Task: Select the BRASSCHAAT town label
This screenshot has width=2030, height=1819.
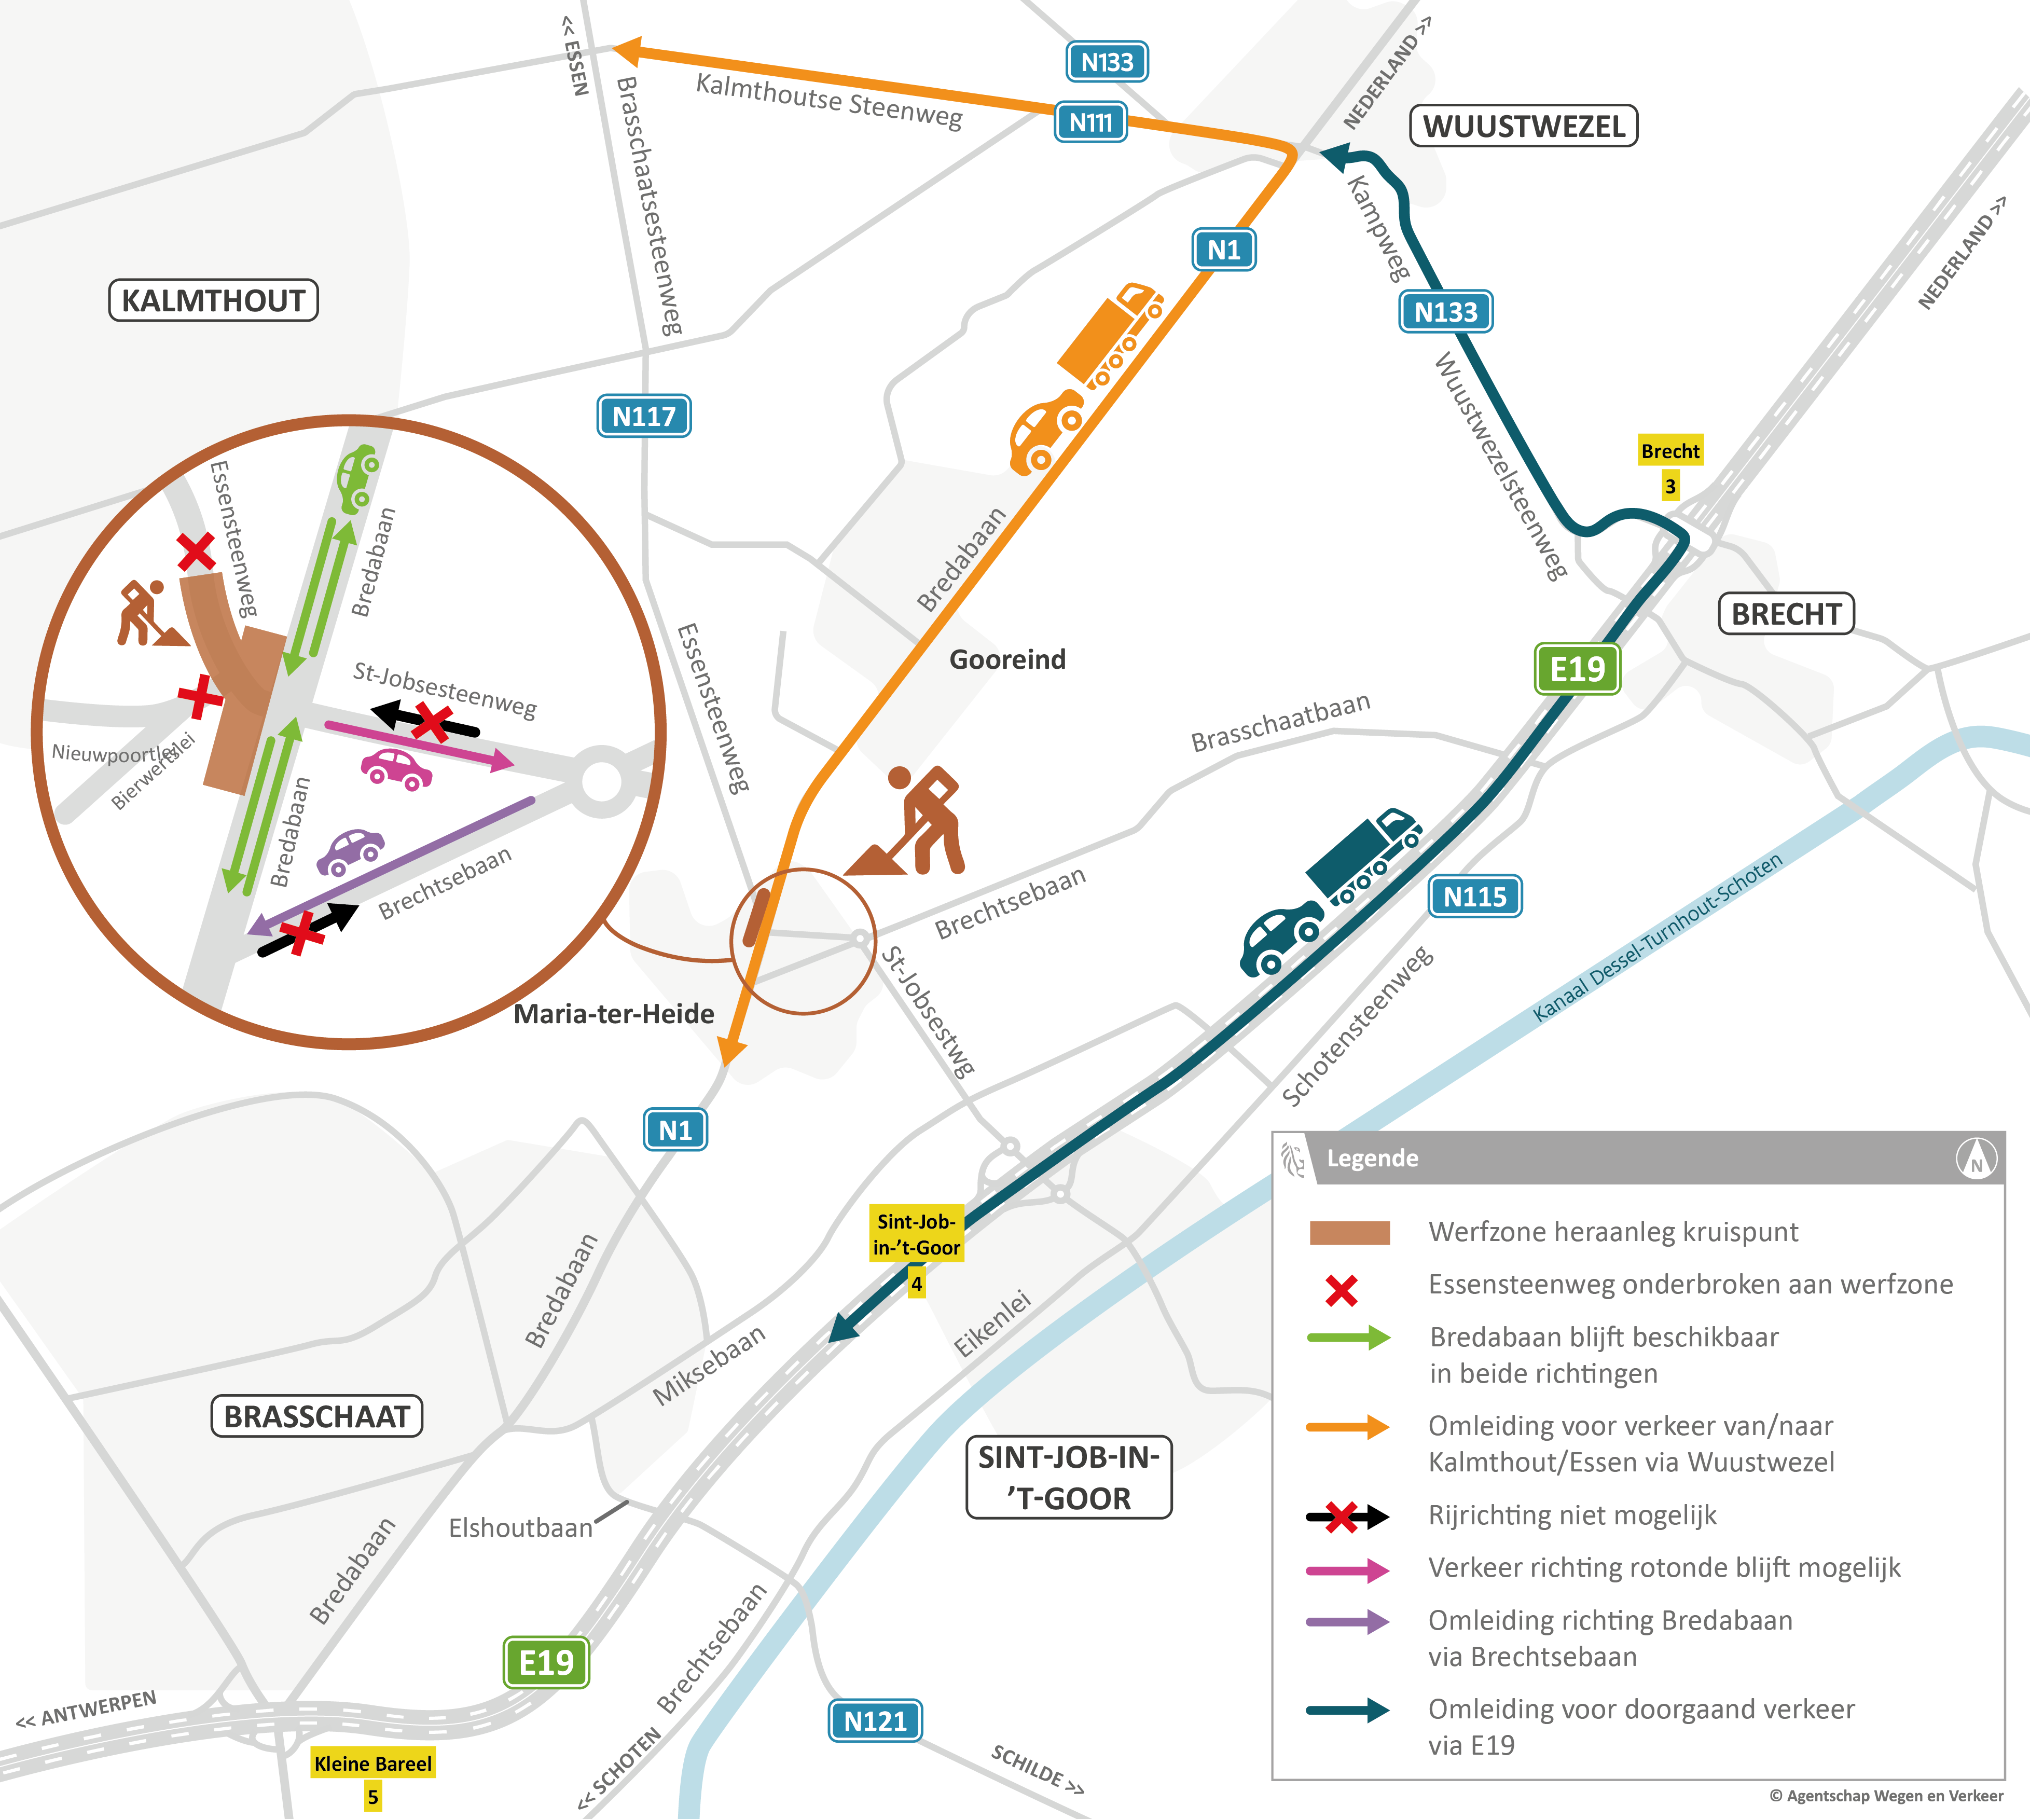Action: click(x=317, y=1416)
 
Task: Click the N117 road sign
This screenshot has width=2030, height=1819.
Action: click(x=644, y=416)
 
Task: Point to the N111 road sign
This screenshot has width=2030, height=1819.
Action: click(x=1090, y=122)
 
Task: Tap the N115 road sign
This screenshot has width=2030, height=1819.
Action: click(x=1474, y=897)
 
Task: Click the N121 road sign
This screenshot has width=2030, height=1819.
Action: click(x=875, y=1721)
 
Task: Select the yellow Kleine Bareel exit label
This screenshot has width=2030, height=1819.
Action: click(x=373, y=1763)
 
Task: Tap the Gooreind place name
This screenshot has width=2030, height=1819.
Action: click(x=1006, y=659)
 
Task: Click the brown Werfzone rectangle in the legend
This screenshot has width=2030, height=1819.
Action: click(x=1349, y=1232)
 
